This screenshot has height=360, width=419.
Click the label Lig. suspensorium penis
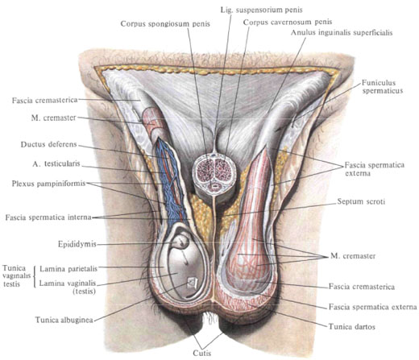click(261, 10)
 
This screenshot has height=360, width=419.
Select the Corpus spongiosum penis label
click(165, 23)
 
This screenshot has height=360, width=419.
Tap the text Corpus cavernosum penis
click(288, 22)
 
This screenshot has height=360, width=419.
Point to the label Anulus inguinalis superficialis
click(342, 33)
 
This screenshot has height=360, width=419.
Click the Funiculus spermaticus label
click(383, 86)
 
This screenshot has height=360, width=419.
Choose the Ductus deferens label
click(49, 144)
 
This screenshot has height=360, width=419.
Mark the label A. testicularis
click(56, 163)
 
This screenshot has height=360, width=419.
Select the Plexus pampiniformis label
click(48, 184)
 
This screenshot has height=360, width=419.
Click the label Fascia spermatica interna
click(48, 217)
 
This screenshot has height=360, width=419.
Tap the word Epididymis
click(77, 244)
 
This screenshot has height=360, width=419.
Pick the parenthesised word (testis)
click(85, 291)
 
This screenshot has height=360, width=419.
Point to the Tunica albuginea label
click(64, 320)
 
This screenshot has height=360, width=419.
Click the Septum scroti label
click(361, 201)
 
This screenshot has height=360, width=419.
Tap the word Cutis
click(202, 354)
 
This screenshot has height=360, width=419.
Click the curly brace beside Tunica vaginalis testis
click(35, 276)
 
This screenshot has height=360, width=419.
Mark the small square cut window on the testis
click(193, 283)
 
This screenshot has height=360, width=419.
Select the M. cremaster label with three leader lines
click(353, 256)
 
